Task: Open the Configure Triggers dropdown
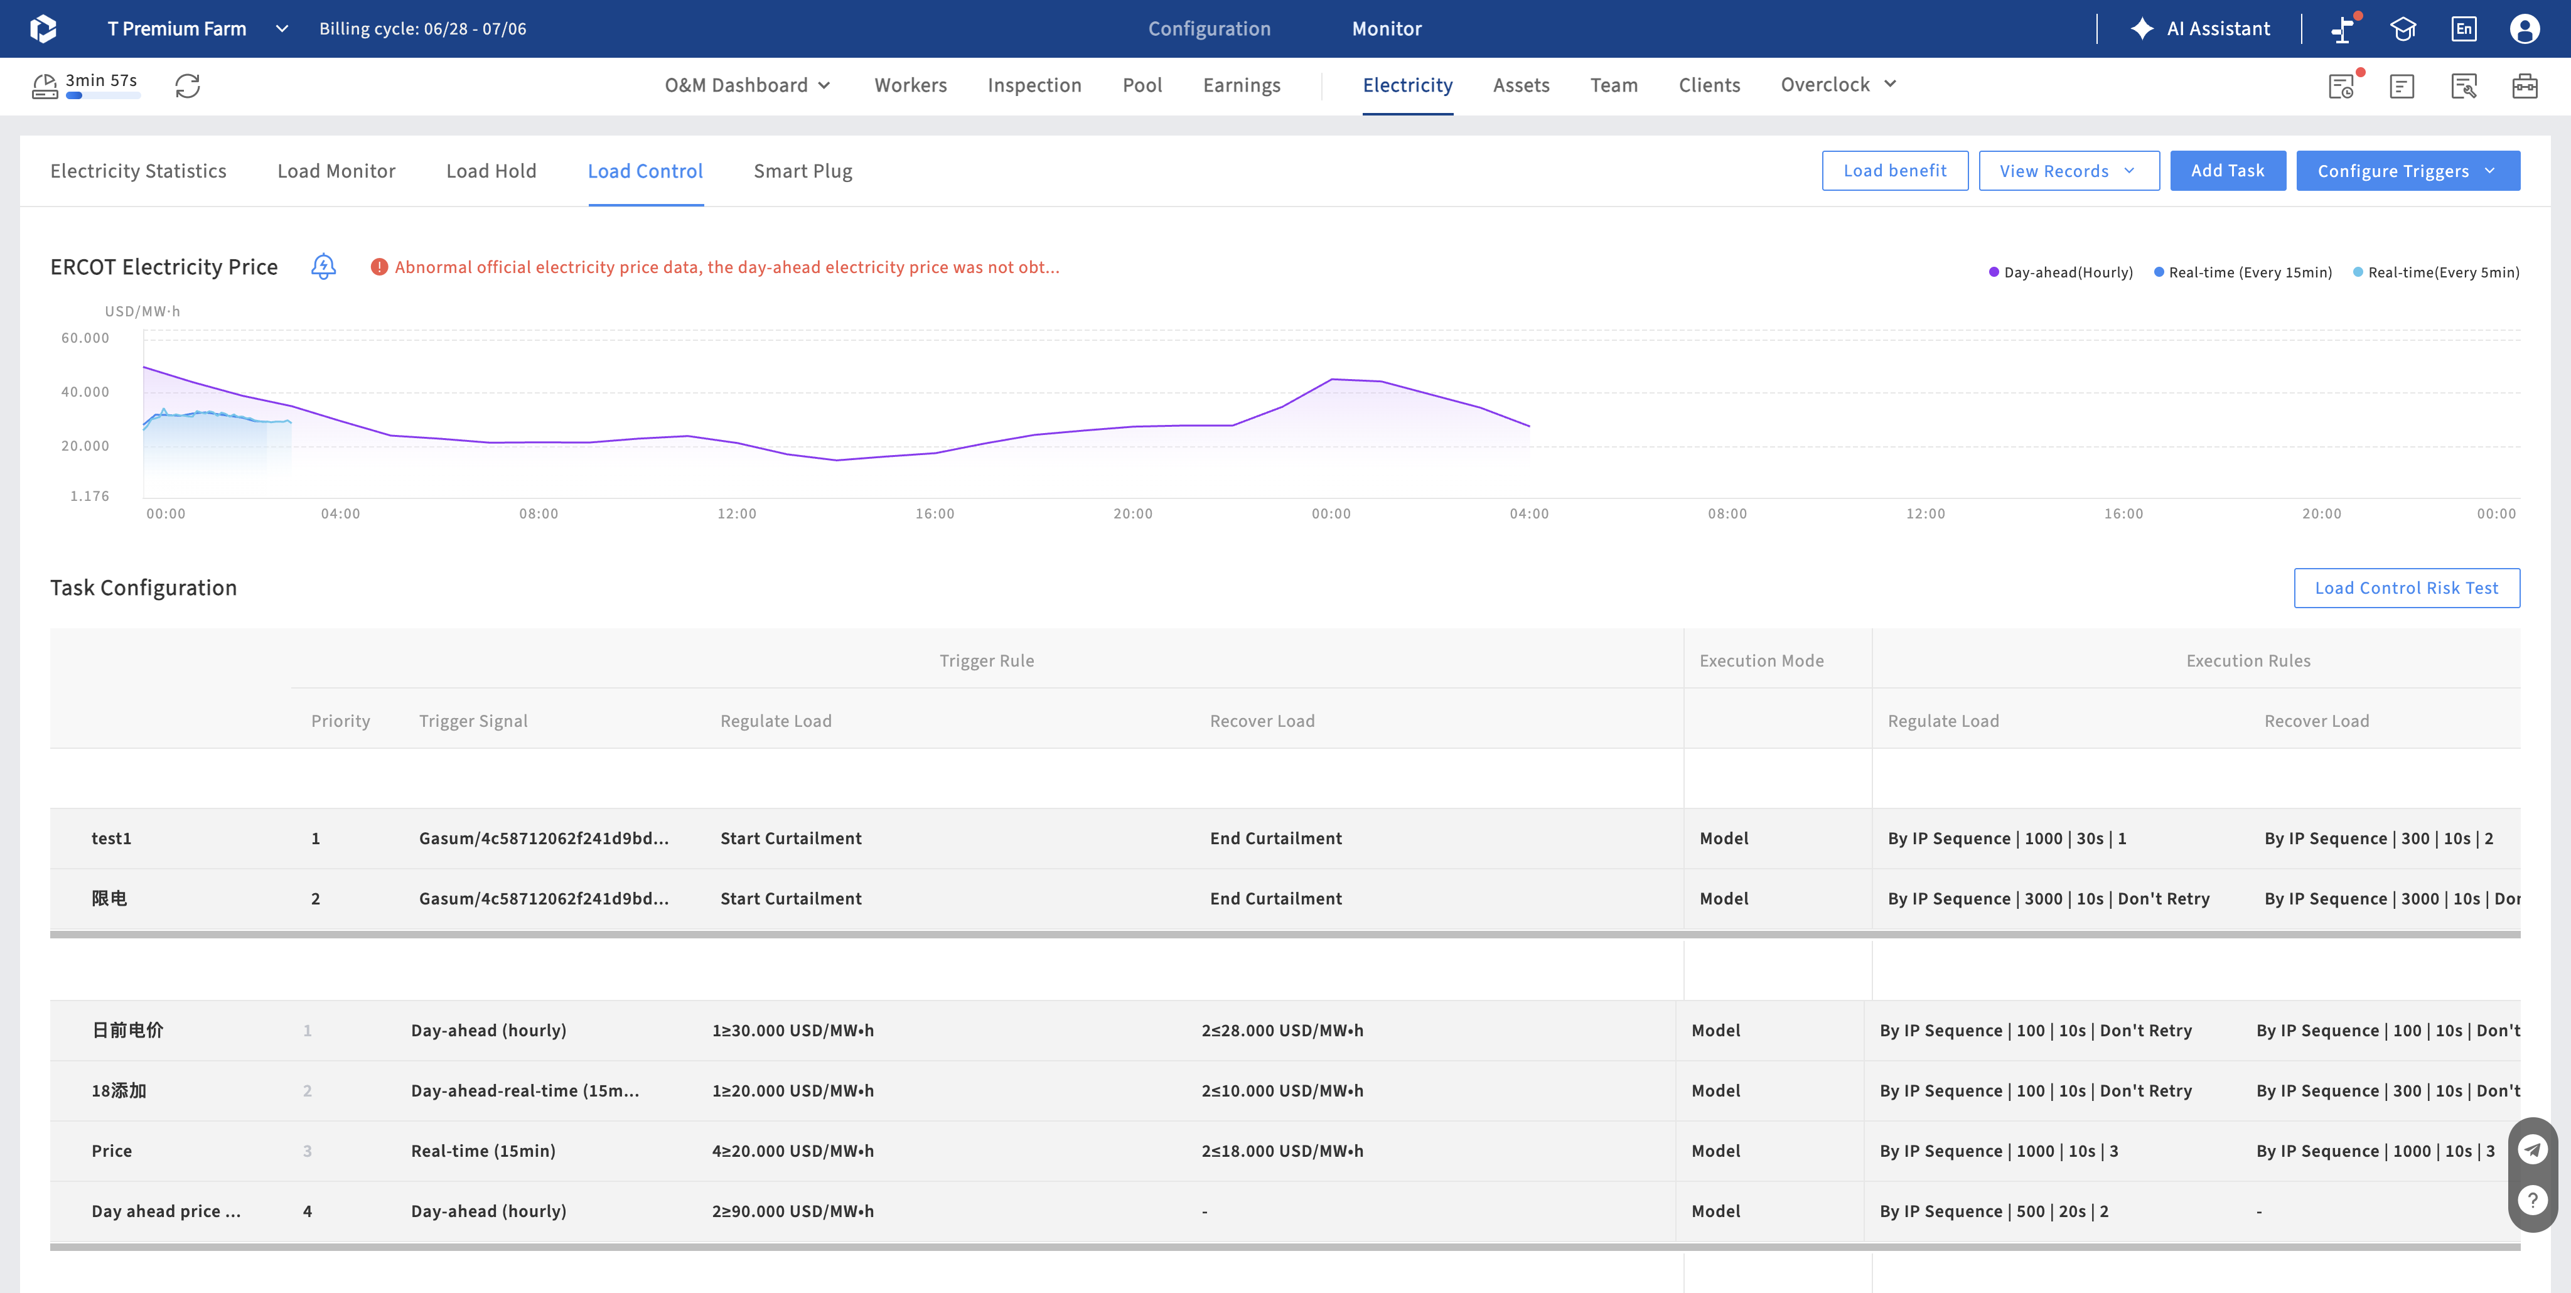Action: pos(2407,171)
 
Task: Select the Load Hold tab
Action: pos(491,171)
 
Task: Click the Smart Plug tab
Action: pos(802,171)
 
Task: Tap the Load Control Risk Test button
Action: pos(2407,587)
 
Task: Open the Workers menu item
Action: pos(910,85)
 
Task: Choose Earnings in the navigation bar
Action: pos(1242,85)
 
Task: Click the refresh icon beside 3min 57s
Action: pos(188,86)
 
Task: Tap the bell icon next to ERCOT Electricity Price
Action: pos(323,266)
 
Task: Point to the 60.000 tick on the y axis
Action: pos(86,338)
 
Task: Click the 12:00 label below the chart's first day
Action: pos(736,514)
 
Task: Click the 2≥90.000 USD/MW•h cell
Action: pos(793,1211)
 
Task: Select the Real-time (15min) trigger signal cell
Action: pos(483,1151)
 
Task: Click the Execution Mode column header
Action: pos(1761,660)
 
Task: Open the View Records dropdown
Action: pos(2069,171)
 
